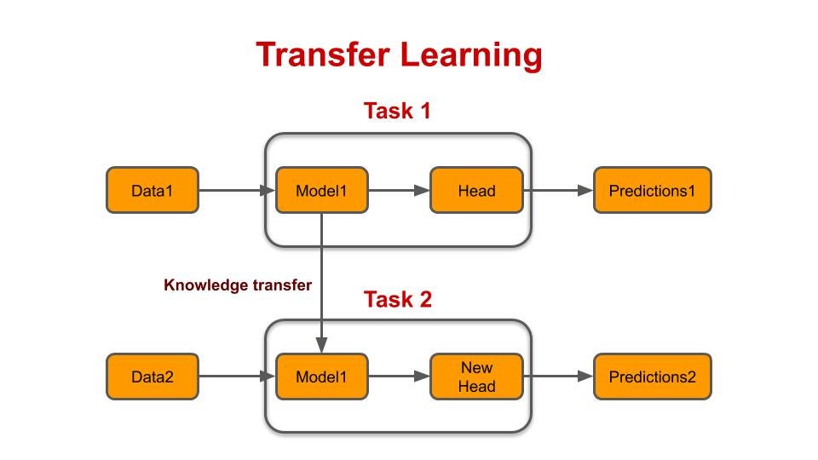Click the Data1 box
pos(152,190)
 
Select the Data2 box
pos(152,377)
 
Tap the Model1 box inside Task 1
pos(321,190)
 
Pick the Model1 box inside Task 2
pos(321,377)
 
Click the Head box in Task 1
pos(476,190)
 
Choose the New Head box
pos(476,377)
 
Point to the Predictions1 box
pos(652,190)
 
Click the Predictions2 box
pos(652,377)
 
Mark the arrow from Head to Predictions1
pos(558,190)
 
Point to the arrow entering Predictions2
pos(558,377)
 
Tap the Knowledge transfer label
pos(237,285)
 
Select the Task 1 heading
pos(397,111)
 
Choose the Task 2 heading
pos(397,300)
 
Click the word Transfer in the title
pos(322,55)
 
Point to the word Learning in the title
pos(471,55)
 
